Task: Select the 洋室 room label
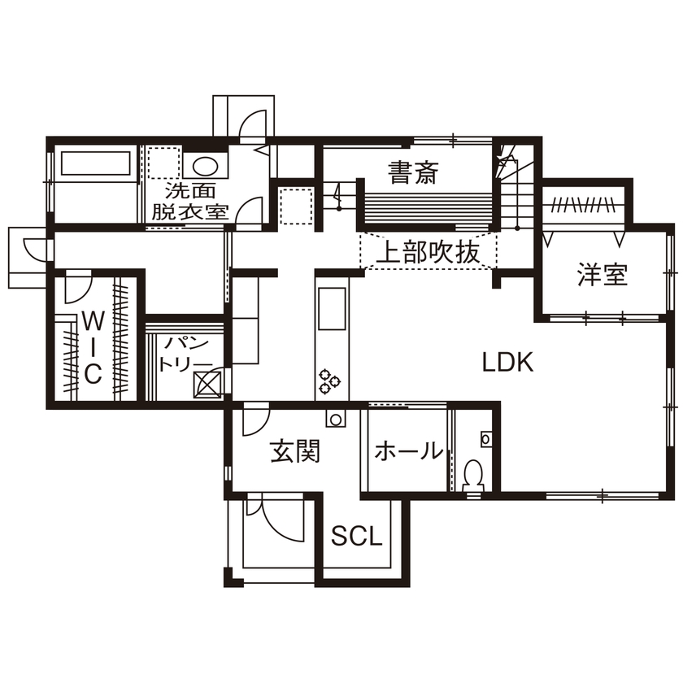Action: pyautogui.click(x=603, y=276)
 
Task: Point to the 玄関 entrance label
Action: pyautogui.click(x=294, y=451)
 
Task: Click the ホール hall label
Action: pyautogui.click(x=408, y=451)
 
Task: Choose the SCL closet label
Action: pyautogui.click(x=357, y=536)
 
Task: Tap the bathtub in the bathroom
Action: pyautogui.click(x=95, y=165)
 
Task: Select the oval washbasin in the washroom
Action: pyautogui.click(x=205, y=167)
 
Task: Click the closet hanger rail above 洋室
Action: pyautogui.click(x=585, y=203)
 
